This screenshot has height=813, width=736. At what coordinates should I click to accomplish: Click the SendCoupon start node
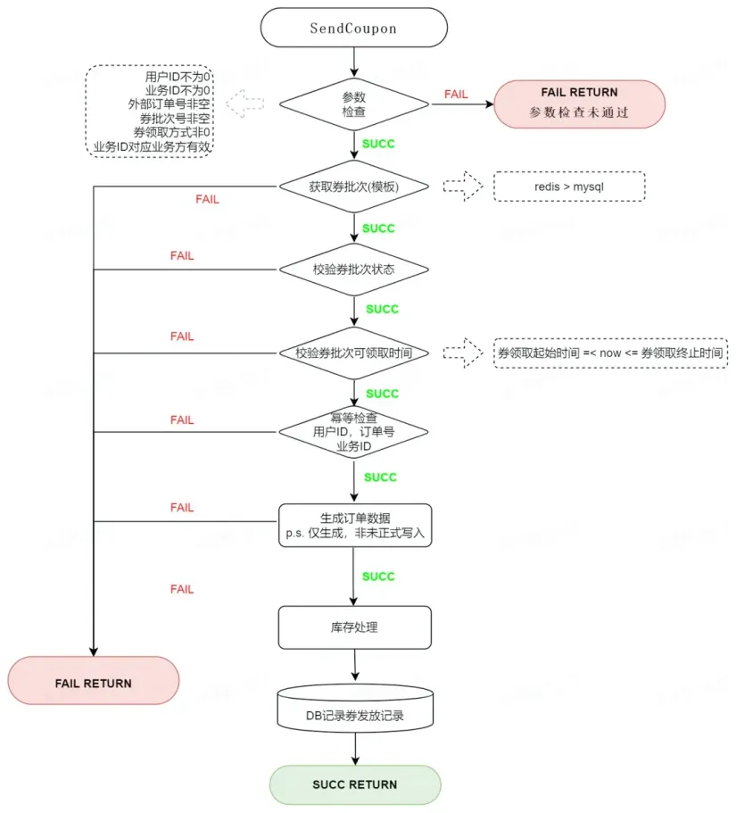coord(353,28)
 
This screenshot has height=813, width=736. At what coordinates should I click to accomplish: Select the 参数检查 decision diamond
coord(354,104)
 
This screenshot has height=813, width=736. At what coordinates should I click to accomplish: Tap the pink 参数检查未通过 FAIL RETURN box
coord(579,104)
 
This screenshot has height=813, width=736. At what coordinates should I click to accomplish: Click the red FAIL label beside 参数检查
coord(456,95)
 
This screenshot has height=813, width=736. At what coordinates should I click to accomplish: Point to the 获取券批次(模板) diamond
coord(354,187)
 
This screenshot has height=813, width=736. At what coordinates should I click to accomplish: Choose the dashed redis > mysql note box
coord(569,187)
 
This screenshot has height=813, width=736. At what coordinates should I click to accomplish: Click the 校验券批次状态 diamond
coord(354,270)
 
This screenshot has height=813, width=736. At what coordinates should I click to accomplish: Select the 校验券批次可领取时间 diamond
coord(354,353)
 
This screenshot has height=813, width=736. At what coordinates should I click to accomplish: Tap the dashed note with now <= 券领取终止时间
coord(610,353)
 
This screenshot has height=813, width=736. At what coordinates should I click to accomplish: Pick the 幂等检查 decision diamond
coord(354,432)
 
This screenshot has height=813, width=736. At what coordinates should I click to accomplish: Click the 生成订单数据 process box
coord(355,526)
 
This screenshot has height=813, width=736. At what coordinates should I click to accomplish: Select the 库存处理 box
coord(354,627)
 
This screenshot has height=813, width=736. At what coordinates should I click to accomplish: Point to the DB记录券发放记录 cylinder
coord(355,709)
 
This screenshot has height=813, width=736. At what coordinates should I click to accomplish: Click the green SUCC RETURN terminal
coord(355,784)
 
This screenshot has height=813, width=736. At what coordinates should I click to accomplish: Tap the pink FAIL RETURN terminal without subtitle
coord(94,680)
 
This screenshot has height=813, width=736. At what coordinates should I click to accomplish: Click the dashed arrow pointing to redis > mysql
coord(463,187)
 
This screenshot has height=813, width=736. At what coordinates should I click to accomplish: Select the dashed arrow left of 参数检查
coord(245,104)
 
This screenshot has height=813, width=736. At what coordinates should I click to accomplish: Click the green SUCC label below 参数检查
coord(378,144)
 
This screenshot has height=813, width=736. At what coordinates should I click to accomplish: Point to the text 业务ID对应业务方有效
coord(153,146)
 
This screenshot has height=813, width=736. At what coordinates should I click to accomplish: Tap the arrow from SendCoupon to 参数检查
coord(354,62)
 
